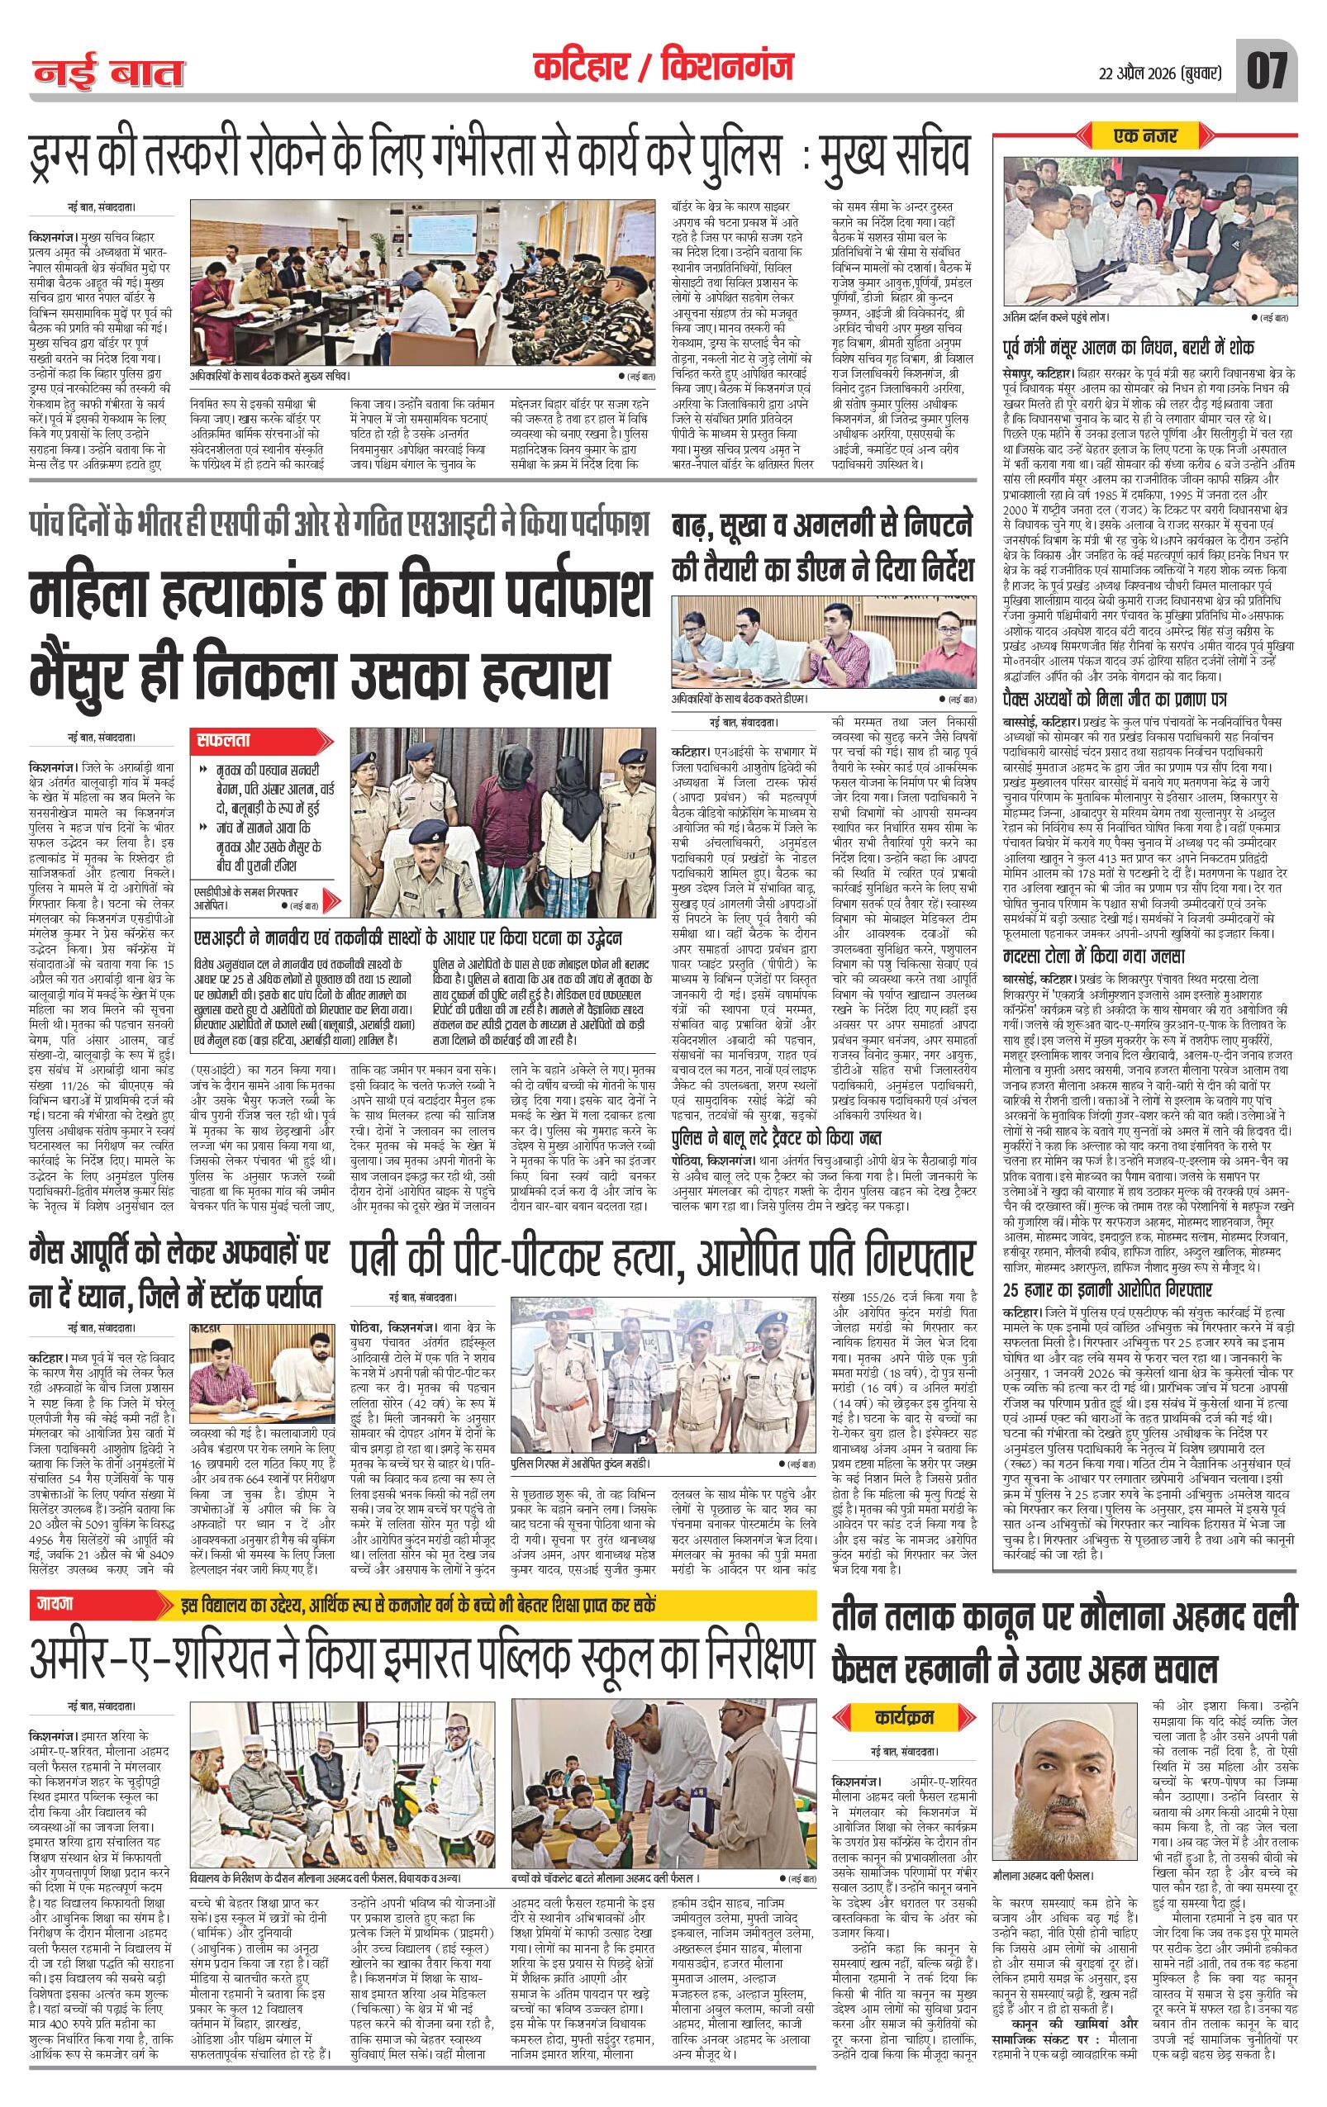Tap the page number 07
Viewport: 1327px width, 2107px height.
tap(1267, 71)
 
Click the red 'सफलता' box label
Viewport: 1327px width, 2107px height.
tap(226, 739)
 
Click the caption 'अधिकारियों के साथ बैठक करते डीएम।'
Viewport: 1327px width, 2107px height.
tap(740, 699)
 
